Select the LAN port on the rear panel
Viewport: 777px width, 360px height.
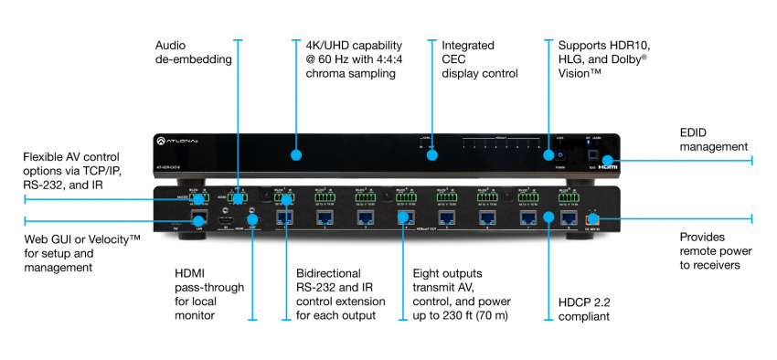201,217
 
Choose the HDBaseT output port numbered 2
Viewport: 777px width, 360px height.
324,217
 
